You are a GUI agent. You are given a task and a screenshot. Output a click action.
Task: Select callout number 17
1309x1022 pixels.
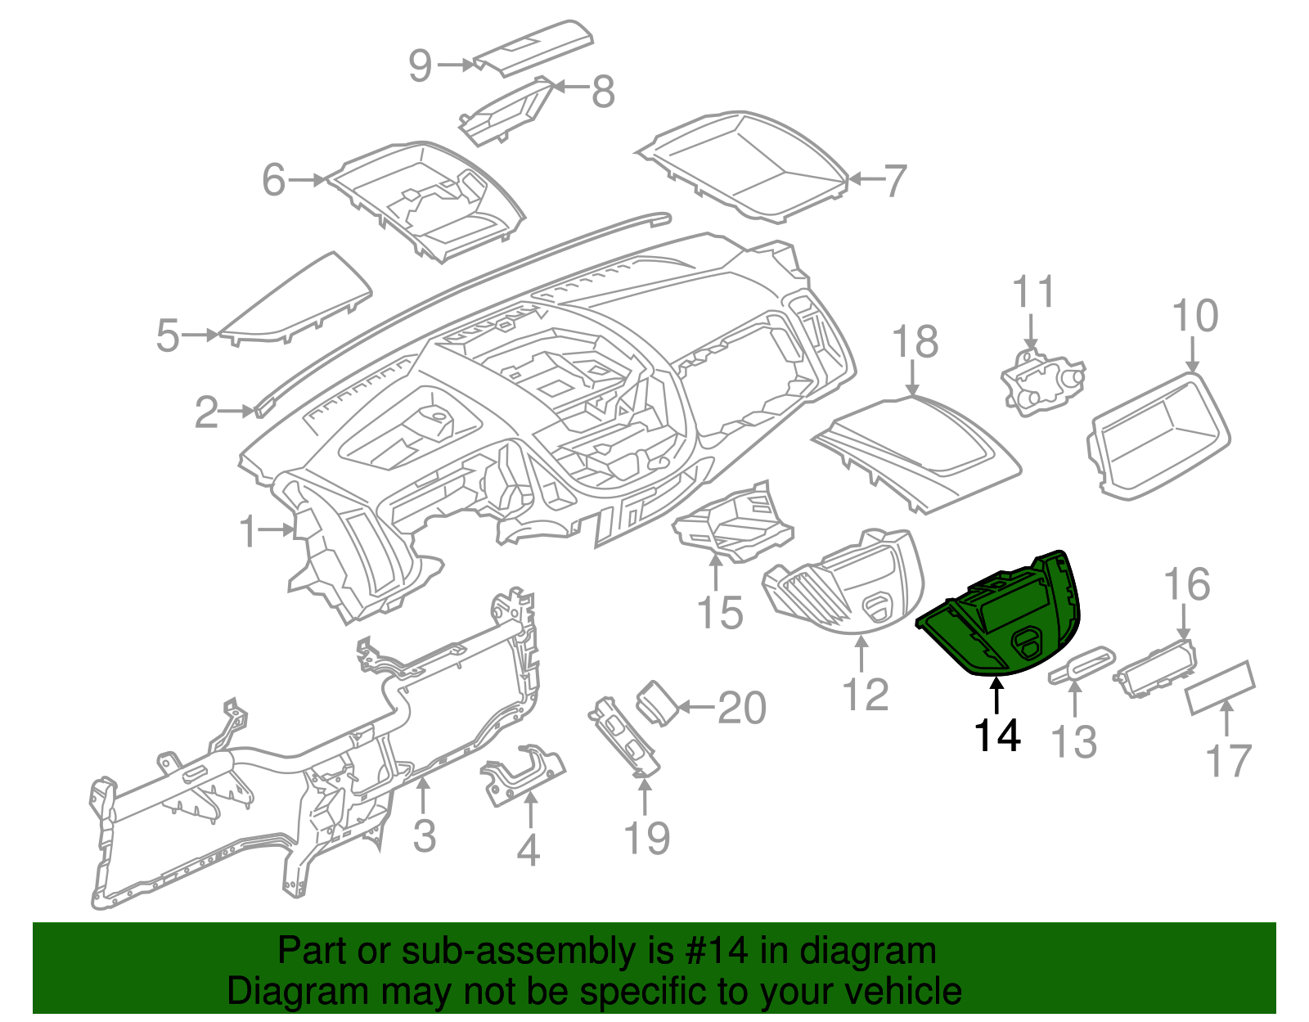pyautogui.click(x=1229, y=761)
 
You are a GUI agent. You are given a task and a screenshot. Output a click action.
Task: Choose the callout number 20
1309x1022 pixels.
pyautogui.click(x=741, y=708)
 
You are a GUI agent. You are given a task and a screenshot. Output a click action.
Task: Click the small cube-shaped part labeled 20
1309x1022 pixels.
pyautogui.click(x=657, y=701)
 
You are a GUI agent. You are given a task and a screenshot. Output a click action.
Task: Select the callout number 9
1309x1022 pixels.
pyautogui.click(x=421, y=65)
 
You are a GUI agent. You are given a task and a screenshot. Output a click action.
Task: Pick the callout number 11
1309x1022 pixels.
pyautogui.click(x=1034, y=292)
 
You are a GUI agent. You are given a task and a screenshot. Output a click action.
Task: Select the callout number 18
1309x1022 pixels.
pyautogui.click(x=915, y=342)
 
